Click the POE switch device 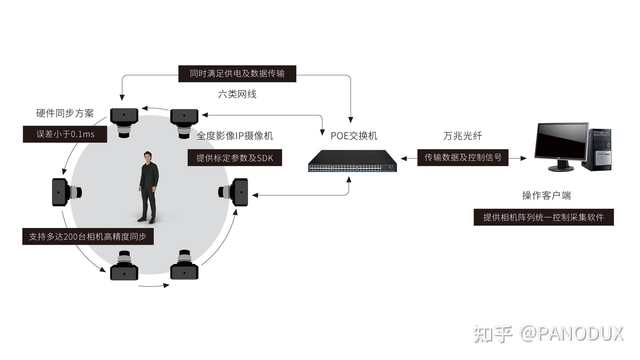352,161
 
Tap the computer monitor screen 561,141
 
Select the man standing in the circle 148,187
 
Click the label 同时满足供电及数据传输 237,74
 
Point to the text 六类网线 237,94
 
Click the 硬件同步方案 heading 65,113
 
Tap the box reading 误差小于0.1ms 65,134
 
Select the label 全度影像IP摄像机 235,136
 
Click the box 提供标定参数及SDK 235,158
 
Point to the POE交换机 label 354,136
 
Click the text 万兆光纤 463,136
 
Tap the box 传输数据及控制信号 463,157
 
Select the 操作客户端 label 546,195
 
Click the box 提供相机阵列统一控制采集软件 543,217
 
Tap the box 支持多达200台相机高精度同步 88,237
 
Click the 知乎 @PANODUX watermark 548,334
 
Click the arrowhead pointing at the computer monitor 524,158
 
